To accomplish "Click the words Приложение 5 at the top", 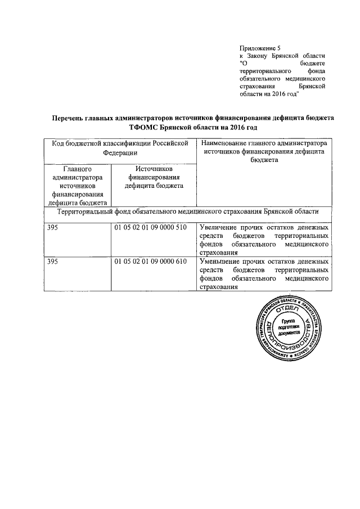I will (260, 49).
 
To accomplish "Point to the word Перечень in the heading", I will (68, 119).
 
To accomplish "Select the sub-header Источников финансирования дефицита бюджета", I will (154, 178).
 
